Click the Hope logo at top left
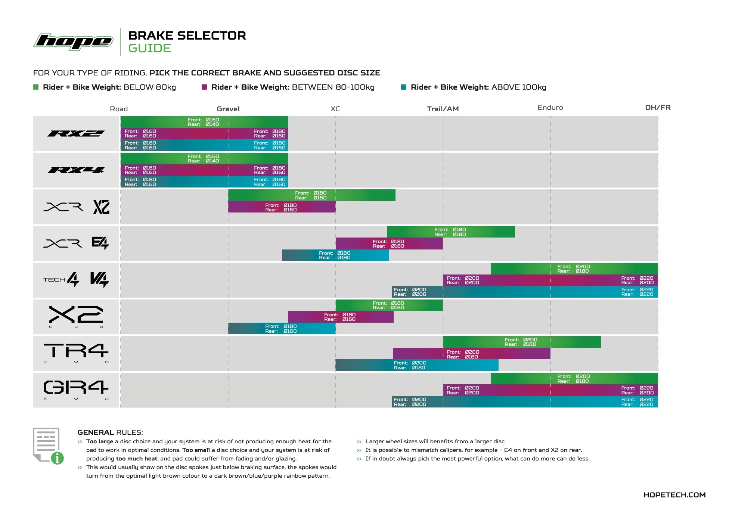tap(74, 41)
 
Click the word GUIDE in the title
tap(149, 49)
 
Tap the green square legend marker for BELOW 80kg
tap(36, 87)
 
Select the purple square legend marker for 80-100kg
tap(204, 87)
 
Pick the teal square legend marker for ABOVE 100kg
tap(403, 87)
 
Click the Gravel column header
tap(228, 109)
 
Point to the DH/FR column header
tap(658, 108)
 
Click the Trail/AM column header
tap(443, 109)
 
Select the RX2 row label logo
tap(76, 133)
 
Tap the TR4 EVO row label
tap(76, 353)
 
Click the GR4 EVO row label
tap(76, 390)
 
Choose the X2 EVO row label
tap(76, 316)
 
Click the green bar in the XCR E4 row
tap(450, 232)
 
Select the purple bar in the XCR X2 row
tap(282, 207)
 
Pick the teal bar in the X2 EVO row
tap(282, 329)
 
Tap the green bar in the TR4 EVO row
tap(521, 342)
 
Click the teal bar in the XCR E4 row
tap(335, 255)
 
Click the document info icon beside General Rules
tap(48, 446)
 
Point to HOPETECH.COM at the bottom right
tap(674, 495)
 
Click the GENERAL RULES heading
tap(110, 432)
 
